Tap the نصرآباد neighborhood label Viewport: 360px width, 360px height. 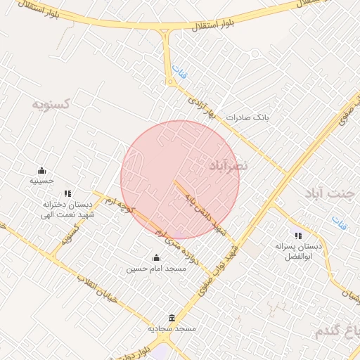click(229, 165)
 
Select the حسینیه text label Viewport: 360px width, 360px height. click(41, 181)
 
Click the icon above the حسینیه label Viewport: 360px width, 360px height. click(41, 170)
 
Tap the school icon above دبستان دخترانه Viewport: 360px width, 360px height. click(67, 193)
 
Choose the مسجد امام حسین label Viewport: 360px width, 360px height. click(155, 269)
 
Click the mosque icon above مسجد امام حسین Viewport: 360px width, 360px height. click(156, 257)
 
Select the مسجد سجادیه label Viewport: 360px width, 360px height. click(172, 328)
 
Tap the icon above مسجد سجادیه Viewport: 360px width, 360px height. click(172, 318)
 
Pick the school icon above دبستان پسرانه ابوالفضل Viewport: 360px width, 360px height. click(298, 236)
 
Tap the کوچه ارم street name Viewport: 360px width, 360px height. click(117, 211)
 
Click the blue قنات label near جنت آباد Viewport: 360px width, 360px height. click(340, 224)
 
